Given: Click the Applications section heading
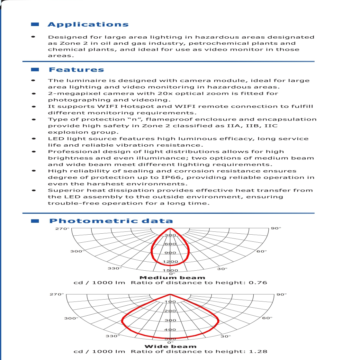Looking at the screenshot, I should [x=88, y=25].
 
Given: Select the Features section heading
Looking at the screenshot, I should [x=76, y=70].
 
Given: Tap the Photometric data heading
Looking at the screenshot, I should [x=111, y=221].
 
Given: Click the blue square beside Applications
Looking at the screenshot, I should [x=35, y=24].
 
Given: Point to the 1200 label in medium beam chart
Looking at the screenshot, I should [x=170, y=262].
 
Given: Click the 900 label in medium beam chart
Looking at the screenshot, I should [x=170, y=253].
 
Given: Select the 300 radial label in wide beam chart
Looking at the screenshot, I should [x=170, y=320].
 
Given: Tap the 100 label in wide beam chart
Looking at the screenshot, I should [x=170, y=301].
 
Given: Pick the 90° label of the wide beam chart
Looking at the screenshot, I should [x=282, y=294].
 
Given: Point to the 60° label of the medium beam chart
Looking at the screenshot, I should [x=262, y=251].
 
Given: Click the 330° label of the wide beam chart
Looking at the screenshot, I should [x=113, y=336].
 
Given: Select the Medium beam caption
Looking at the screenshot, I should [x=172, y=278].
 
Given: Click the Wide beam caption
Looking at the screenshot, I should [x=170, y=346].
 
